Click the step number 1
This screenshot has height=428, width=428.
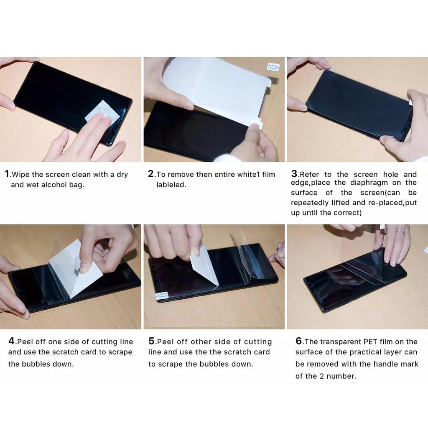click(x=7, y=173)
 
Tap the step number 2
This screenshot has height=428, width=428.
click(x=151, y=173)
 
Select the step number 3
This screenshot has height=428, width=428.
click(x=294, y=173)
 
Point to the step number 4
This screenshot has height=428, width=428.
click(x=11, y=341)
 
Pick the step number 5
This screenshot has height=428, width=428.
click(x=152, y=341)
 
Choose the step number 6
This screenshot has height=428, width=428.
click(x=299, y=341)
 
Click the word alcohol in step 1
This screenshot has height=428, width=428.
click(x=57, y=185)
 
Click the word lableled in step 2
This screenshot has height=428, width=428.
click(x=171, y=185)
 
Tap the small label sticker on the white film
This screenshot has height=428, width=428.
click(x=273, y=67)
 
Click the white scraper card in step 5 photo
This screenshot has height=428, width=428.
click(x=204, y=265)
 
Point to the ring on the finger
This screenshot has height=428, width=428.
click(x=400, y=232)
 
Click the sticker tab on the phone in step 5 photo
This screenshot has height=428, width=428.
click(x=162, y=296)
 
